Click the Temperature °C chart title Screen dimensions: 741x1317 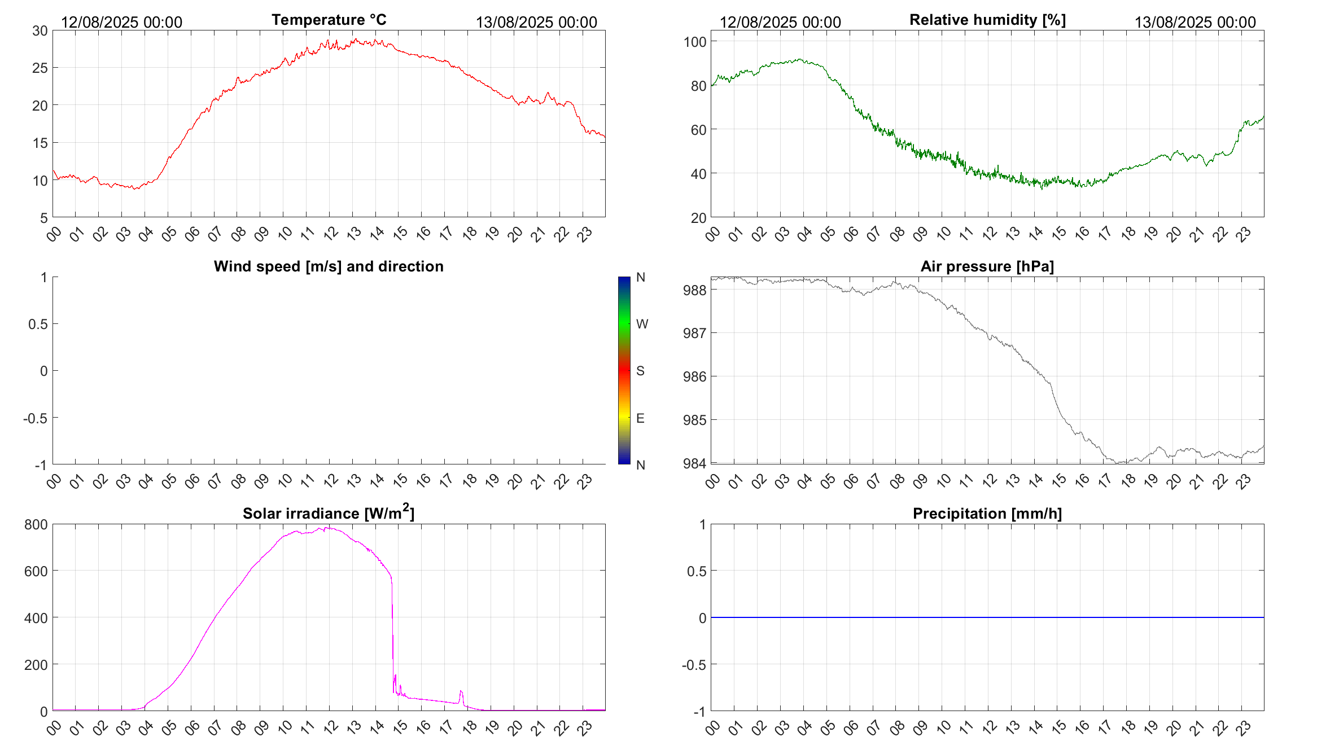click(329, 20)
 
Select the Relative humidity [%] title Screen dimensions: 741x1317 click(987, 20)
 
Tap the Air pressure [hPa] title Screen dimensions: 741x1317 click(987, 266)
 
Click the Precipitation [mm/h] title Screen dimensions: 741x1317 click(987, 514)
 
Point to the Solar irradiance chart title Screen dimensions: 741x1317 click(328, 513)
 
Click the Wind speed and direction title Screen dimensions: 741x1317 click(329, 266)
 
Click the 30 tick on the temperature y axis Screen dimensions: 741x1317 click(40, 31)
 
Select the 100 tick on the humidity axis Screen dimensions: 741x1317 click(695, 42)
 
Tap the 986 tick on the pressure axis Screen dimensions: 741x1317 click(694, 376)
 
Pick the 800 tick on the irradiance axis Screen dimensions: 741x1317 click(36, 525)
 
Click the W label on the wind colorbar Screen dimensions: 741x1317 click(642, 324)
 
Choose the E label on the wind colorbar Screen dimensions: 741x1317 click(640, 418)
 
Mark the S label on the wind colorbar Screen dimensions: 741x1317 click(640, 371)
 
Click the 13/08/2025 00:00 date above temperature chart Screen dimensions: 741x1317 click(536, 23)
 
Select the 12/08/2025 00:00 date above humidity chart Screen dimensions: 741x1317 click(780, 23)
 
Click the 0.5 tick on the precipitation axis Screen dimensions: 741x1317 click(696, 571)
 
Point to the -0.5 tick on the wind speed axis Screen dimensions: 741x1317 click(35, 418)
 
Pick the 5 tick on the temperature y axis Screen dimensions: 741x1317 click(44, 218)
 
